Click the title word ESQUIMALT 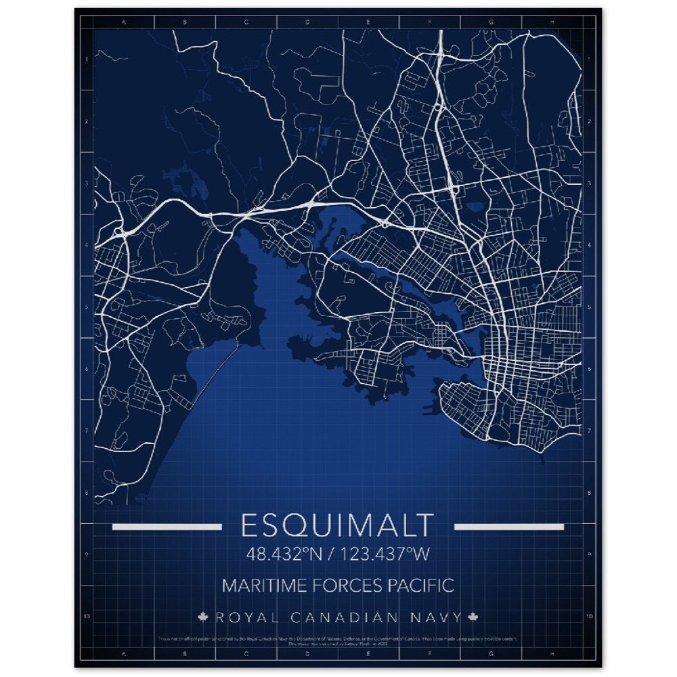tap(337, 526)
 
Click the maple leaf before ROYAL tap(202, 617)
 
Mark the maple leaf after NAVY tap(473, 617)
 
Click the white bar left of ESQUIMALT tap(167, 527)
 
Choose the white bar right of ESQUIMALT tap(509, 527)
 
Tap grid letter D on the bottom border tap(307, 655)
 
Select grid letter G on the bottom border tap(491, 655)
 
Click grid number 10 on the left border tap(86, 617)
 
